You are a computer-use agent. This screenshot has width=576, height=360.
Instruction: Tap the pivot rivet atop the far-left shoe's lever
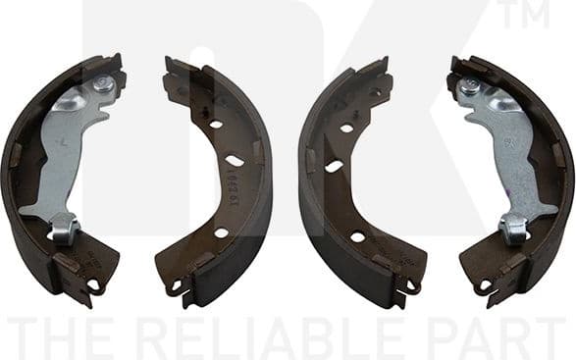(101, 87)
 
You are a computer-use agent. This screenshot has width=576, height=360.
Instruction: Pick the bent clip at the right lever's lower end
(513, 229)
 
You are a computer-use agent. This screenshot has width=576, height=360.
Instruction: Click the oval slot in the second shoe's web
(235, 160)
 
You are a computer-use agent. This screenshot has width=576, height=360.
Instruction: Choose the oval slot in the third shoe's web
(335, 166)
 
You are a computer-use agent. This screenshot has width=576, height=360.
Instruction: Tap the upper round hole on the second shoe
(215, 125)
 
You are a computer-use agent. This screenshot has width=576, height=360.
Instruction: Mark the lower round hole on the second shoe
(221, 233)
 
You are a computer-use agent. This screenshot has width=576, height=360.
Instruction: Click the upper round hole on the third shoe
(345, 128)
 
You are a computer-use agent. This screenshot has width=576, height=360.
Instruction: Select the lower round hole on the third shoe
(357, 235)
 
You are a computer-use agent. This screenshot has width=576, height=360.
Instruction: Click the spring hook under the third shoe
(413, 286)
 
